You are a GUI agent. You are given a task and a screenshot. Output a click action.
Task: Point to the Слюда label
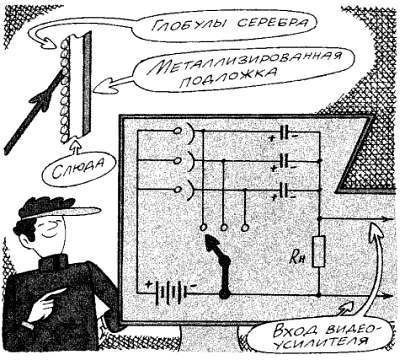tap(84, 164)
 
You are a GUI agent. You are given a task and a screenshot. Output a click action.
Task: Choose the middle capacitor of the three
tap(284, 160)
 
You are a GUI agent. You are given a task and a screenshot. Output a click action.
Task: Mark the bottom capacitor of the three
tap(284, 187)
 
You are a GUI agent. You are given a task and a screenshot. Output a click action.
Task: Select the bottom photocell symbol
tap(183, 187)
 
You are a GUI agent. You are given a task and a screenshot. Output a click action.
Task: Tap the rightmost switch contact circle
tap(245, 229)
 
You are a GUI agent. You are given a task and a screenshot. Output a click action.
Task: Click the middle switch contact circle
tap(224, 229)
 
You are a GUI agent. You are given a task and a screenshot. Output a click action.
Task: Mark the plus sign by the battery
tap(150, 283)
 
